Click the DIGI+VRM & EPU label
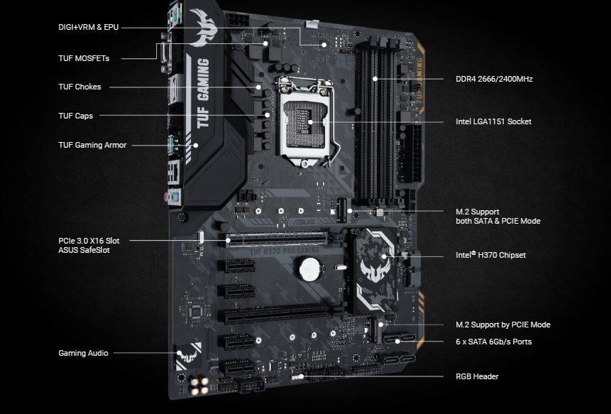point(88,27)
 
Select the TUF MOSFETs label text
point(84,58)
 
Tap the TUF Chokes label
point(79,87)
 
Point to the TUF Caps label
point(75,116)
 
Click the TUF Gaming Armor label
point(92,145)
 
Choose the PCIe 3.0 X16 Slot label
point(89,241)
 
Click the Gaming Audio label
point(83,353)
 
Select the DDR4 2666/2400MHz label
point(494,79)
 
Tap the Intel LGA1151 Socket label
point(493,121)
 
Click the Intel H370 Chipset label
point(490,255)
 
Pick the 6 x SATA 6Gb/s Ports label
point(493,342)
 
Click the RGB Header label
point(477,376)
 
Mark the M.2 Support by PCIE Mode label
point(502,325)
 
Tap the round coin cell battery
point(309,268)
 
